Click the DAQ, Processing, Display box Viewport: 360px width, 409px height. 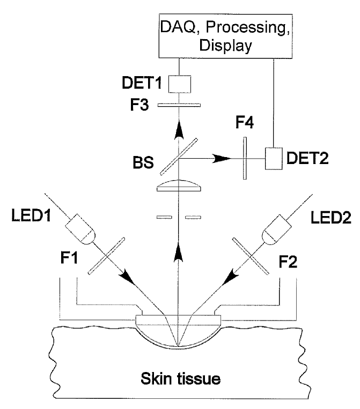point(225,36)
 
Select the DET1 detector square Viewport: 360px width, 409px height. point(179,84)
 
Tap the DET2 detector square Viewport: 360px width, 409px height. point(274,159)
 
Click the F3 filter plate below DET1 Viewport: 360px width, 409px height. point(179,105)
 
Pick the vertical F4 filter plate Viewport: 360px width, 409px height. point(245,158)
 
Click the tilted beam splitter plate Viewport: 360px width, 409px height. point(179,157)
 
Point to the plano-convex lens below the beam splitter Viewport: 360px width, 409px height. point(179,185)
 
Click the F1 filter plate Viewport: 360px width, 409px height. point(106,256)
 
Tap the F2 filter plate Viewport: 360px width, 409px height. point(251,256)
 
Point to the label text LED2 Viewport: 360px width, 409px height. point(331,218)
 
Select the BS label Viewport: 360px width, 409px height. point(143,162)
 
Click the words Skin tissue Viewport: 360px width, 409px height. point(181,378)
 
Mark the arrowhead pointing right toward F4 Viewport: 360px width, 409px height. point(222,158)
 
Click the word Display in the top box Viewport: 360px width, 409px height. point(225,46)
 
